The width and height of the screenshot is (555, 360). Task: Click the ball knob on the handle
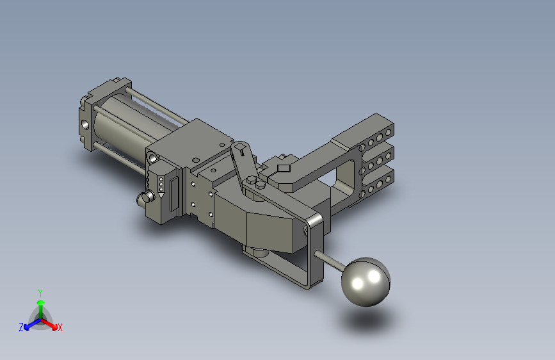point(366,282)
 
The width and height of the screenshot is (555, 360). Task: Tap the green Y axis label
point(40,293)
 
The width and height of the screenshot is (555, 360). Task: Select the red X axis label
point(60,327)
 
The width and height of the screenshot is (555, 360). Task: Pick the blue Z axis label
point(21,327)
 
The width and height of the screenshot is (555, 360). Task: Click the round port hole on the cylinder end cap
point(85,124)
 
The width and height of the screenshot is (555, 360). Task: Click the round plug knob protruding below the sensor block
point(145,198)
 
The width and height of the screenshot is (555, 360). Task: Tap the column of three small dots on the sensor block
point(161,184)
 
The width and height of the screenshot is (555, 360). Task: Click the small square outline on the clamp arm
point(284,168)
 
